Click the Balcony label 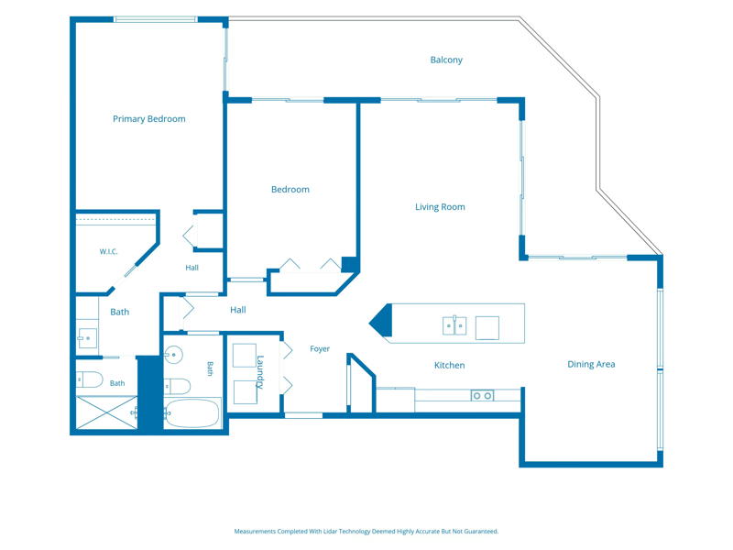pos(446,60)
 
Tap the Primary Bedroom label pos(149,119)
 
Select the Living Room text pos(440,207)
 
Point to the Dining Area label pos(591,364)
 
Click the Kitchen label pos(449,365)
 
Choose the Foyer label pos(320,349)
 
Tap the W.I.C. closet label pos(108,251)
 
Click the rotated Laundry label pos(260,372)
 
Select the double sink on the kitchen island pos(454,325)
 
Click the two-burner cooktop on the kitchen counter pos(482,396)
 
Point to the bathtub pos(192,413)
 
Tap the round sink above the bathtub pos(173,355)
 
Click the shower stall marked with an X pos(106,412)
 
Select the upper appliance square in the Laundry pos(245,356)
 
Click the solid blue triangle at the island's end pos(380,320)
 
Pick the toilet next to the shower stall pos(89,379)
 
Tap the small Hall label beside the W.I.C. pos(191,268)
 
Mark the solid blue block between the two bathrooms pos(149,392)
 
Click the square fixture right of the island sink pos(487,328)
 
